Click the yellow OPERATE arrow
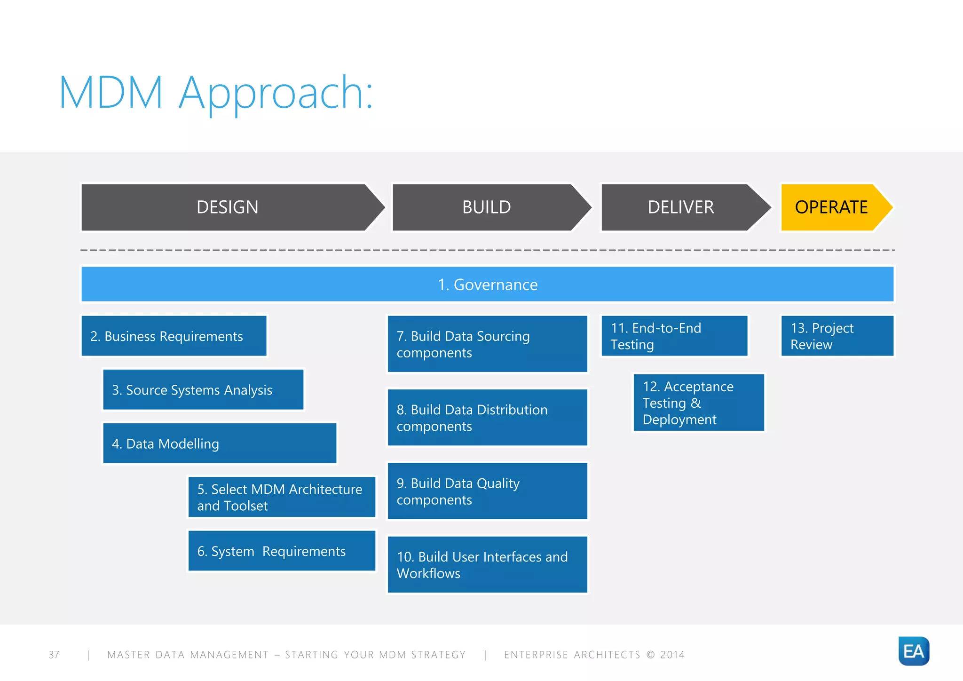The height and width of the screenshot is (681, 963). click(x=831, y=207)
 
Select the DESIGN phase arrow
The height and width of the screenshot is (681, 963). click(x=228, y=207)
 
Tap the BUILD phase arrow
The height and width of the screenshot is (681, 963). click(x=487, y=207)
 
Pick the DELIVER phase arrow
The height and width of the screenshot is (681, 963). click(x=681, y=207)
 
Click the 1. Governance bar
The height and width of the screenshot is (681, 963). click(x=488, y=285)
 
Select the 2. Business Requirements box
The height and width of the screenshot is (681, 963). click(x=174, y=336)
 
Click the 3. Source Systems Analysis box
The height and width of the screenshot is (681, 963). click(x=203, y=389)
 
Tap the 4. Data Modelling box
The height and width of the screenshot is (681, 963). click(x=220, y=443)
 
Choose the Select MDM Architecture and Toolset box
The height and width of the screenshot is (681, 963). click(x=282, y=497)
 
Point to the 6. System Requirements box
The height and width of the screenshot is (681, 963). click(x=282, y=551)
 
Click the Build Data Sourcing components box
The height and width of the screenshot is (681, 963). click(x=488, y=344)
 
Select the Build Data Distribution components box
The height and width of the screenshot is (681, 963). click(x=488, y=418)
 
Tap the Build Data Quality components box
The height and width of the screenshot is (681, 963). click(x=488, y=491)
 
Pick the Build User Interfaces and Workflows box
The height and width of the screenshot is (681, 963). click(x=488, y=564)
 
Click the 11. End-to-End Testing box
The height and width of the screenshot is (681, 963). click(x=674, y=336)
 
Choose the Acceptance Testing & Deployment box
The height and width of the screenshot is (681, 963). click(x=699, y=403)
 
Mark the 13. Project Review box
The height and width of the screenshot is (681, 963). click(x=837, y=336)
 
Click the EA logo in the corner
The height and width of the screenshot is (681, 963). click(x=914, y=651)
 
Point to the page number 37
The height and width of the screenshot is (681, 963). click(x=54, y=655)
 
